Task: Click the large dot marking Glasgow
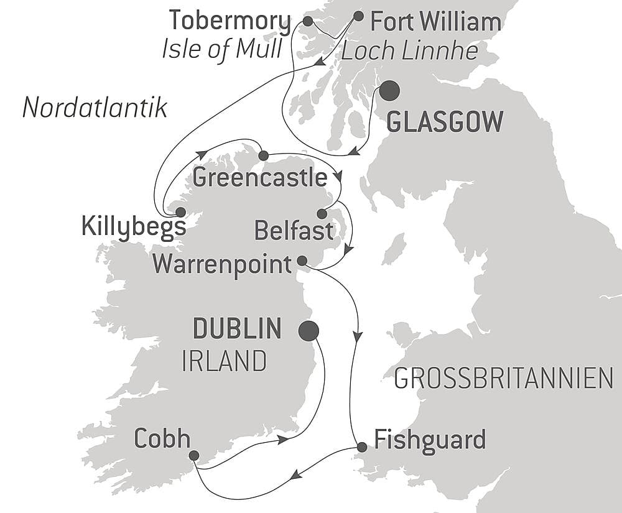click(x=389, y=91)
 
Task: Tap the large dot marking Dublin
click(x=309, y=331)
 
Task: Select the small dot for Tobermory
click(x=307, y=21)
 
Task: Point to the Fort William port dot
click(x=358, y=16)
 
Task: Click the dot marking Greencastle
click(x=263, y=155)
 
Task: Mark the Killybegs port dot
click(x=180, y=212)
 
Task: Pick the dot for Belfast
click(x=322, y=214)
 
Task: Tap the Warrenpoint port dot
click(x=302, y=261)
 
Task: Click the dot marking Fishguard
click(x=361, y=447)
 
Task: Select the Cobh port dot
click(x=194, y=456)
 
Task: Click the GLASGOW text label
click(x=445, y=122)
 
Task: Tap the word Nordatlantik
click(x=95, y=108)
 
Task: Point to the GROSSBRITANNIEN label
click(x=504, y=377)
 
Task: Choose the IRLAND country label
click(x=225, y=361)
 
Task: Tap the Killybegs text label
click(x=134, y=227)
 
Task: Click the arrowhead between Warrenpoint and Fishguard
click(x=358, y=337)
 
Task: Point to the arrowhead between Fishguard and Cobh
click(x=297, y=474)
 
